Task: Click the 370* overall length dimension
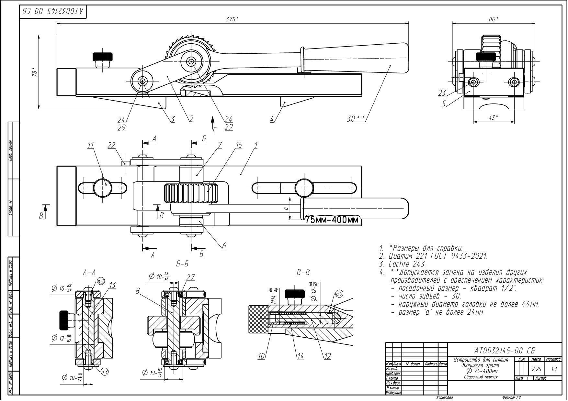point(232,19)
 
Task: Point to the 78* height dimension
point(35,72)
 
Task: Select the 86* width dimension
point(493,19)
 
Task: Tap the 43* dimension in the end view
point(493,117)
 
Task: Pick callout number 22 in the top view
point(111,146)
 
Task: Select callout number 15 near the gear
point(239,146)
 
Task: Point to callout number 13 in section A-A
point(112,285)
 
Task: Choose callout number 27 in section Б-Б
point(191,277)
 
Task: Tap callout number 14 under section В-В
point(301,356)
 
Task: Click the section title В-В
point(303,273)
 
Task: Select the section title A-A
point(88,273)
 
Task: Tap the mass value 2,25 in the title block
point(537,369)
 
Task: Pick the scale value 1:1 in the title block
point(554,369)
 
